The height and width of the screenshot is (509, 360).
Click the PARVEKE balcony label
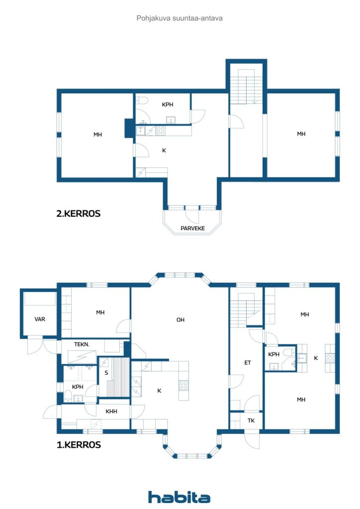192,228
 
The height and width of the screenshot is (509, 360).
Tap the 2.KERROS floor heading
78,214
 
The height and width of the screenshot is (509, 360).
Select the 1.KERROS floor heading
79,445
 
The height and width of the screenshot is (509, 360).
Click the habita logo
179,497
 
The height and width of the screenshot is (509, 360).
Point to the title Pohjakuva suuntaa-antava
180,18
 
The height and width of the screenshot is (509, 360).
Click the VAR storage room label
40,319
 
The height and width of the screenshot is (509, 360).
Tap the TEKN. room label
82,344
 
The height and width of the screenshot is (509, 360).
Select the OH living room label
180,320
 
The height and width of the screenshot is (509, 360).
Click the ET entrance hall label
247,362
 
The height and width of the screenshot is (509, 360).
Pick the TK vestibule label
251,421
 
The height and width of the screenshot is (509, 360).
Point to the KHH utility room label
111,411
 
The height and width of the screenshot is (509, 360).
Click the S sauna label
106,373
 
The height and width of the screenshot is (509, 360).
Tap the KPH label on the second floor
168,104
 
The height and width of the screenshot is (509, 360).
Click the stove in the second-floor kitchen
161,131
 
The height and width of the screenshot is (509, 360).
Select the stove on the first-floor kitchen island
184,385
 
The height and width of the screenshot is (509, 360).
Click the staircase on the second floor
247,87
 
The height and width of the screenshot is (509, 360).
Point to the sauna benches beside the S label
118,377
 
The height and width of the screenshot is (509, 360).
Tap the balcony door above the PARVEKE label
191,215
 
